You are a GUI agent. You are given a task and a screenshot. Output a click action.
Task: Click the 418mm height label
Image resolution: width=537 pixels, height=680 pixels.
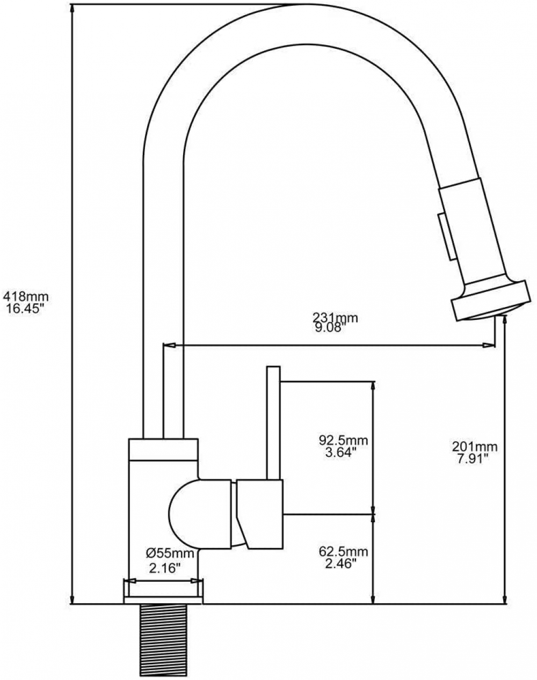coord(26,297)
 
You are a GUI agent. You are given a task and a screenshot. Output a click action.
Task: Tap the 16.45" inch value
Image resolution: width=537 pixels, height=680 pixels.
coord(24,309)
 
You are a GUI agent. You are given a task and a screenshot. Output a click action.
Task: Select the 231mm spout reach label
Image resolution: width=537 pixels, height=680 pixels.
coord(335,317)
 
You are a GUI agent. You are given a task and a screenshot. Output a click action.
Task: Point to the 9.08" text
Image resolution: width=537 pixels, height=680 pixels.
coord(329,328)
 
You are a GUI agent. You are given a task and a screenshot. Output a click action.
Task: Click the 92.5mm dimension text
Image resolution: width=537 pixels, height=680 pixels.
coord(343,440)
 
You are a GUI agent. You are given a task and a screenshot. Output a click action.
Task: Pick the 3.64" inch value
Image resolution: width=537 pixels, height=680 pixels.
coord(338,452)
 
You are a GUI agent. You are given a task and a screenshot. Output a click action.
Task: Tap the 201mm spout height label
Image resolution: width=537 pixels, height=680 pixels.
coord(474,447)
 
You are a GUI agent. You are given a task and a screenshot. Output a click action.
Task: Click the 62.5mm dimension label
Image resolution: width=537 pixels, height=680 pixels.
coord(343,551)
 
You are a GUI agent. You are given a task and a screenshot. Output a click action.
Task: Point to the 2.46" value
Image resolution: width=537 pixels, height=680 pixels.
coord(338,564)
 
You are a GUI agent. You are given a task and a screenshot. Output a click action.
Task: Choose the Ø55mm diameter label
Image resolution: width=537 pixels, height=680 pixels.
coord(170,553)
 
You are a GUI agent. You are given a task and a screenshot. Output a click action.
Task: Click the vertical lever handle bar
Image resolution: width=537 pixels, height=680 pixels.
coord(273,423)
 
